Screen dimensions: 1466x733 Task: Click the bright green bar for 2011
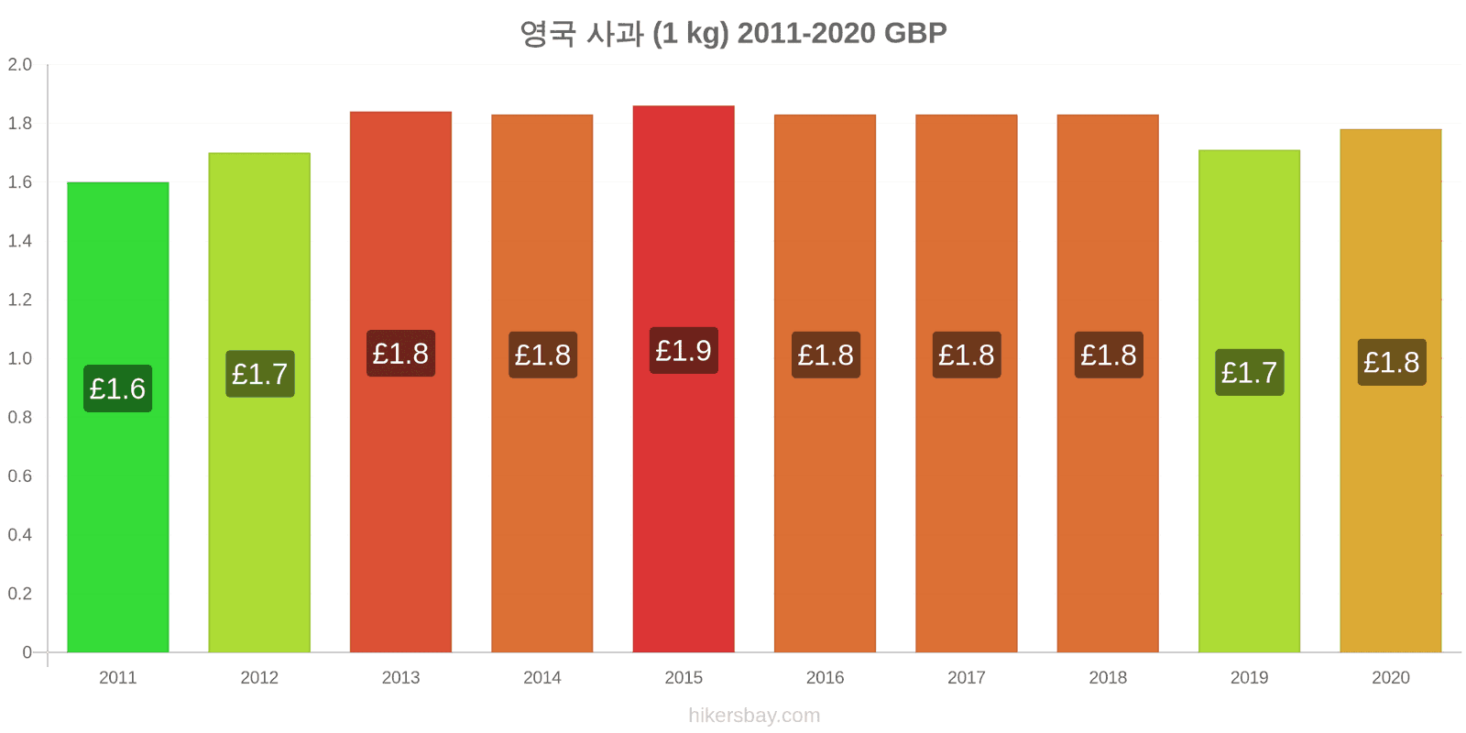coord(118,417)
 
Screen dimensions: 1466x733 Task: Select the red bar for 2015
coord(684,379)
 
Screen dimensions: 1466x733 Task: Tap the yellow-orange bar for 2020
coord(1391,390)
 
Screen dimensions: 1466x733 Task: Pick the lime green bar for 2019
coord(1250,401)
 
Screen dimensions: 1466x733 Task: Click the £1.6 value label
coord(118,388)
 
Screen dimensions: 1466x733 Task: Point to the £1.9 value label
coord(684,351)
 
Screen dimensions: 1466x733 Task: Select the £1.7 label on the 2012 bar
coord(260,374)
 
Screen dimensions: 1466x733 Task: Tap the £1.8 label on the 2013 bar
coord(400,354)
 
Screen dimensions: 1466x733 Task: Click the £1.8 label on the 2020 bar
coord(1392,362)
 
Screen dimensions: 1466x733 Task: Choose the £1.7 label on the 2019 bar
coord(1250,372)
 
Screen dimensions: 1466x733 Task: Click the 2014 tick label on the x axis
coord(542,677)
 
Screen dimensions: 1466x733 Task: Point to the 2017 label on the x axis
coord(966,677)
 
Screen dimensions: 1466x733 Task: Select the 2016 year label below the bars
coord(825,677)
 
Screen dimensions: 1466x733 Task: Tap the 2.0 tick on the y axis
coord(19,64)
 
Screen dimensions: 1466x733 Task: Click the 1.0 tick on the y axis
coord(19,358)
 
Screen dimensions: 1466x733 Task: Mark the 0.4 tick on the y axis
coord(19,535)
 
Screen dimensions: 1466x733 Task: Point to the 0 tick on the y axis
coord(27,651)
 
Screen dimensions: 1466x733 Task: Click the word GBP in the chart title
coord(915,33)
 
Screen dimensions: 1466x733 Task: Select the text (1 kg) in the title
coord(691,34)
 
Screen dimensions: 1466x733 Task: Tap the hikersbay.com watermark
coord(754,716)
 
